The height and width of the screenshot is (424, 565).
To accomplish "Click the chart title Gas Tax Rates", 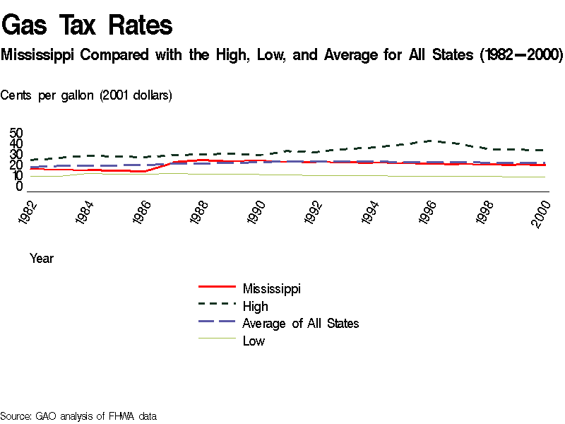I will point(88,25).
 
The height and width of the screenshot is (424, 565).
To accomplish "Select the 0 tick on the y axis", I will point(20,187).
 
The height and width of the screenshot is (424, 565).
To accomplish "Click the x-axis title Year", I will point(42,259).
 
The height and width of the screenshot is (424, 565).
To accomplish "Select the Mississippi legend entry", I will point(272,288).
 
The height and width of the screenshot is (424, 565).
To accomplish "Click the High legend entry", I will point(255,306).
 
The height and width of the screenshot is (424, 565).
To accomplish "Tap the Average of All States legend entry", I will point(301,324).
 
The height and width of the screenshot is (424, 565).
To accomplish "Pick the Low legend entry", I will point(254,341).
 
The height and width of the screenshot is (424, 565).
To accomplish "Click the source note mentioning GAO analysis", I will point(78,416).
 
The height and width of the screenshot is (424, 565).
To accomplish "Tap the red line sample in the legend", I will point(217,288).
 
